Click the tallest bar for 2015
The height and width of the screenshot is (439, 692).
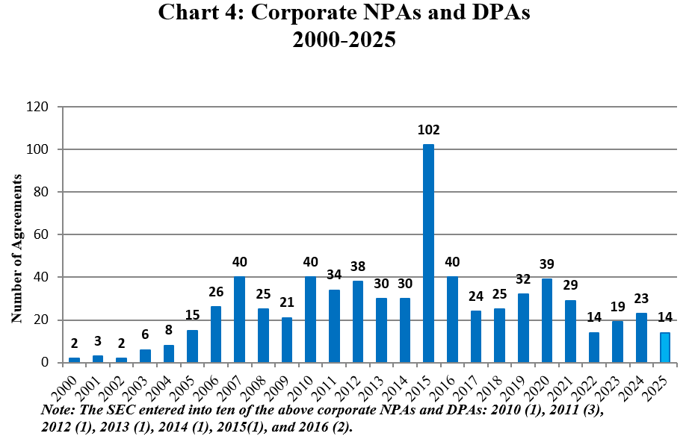pos(428,254)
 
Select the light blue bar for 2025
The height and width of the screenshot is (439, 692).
pos(664,348)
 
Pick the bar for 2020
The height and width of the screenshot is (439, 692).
pos(546,321)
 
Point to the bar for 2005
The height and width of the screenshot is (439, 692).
pos(192,346)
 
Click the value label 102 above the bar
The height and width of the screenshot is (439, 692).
pos(428,130)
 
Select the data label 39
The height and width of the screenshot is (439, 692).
pos(546,264)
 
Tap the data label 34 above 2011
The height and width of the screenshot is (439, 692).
pos(333,275)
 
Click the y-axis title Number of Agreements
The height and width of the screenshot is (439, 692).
pos(16,249)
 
